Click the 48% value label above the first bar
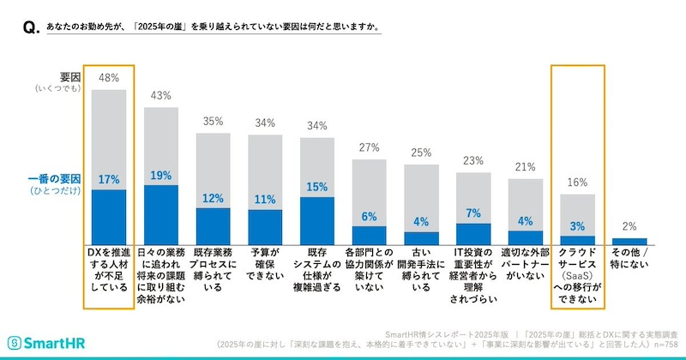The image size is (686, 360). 109,77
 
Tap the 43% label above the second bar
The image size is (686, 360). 161,95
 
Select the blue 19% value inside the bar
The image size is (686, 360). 161,176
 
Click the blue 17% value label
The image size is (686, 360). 109,180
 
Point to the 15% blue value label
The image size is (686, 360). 317,187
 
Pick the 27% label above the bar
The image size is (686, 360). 370,147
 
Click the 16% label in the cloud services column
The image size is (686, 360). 578,182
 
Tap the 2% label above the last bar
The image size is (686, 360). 629,227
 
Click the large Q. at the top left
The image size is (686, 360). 27,29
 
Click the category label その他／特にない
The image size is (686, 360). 629,260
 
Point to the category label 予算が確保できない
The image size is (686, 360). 266,266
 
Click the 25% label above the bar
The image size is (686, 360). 422,153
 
